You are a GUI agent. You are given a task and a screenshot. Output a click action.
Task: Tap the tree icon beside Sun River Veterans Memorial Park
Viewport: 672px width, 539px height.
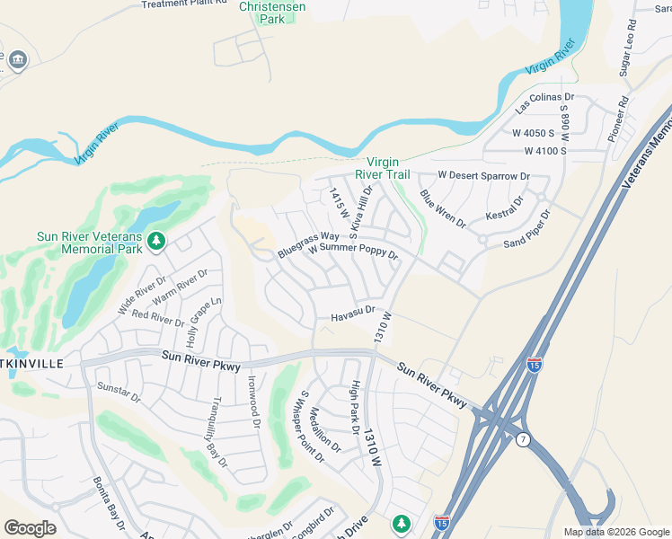tap(157, 241)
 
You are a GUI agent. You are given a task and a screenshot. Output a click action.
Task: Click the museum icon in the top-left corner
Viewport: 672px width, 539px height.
tap(18, 60)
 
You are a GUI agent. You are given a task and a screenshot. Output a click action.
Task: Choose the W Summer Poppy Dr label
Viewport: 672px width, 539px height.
tap(352, 251)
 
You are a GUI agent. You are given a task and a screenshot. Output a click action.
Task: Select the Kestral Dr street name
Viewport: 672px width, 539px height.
tap(505, 214)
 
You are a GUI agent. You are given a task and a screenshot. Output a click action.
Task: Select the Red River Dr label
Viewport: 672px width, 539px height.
tap(157, 317)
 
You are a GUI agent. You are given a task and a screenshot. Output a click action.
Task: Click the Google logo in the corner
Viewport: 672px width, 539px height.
tap(30, 528)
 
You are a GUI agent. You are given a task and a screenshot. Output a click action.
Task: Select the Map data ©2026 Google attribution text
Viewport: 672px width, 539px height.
tap(615, 532)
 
